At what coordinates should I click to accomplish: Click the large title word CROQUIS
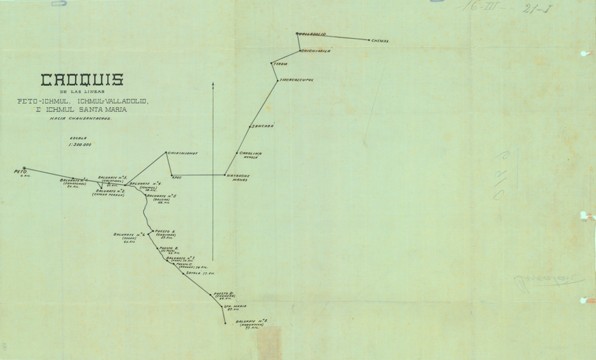point(83,80)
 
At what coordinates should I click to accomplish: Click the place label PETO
point(20,172)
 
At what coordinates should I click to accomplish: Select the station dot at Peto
point(24,168)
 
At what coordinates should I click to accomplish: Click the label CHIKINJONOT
point(182,153)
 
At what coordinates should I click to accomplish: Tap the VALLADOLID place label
point(312,34)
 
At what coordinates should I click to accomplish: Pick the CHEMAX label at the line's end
point(380,41)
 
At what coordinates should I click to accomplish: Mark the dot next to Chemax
point(368,40)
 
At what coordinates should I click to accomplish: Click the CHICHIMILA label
point(316,50)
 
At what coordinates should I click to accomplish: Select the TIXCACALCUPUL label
point(297,80)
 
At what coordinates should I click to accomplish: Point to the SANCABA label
point(263,126)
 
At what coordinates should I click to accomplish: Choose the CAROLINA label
point(251,153)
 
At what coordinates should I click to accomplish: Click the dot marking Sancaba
point(250,127)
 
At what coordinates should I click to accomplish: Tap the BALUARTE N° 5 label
point(162,196)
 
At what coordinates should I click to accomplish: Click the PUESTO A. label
point(166,231)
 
